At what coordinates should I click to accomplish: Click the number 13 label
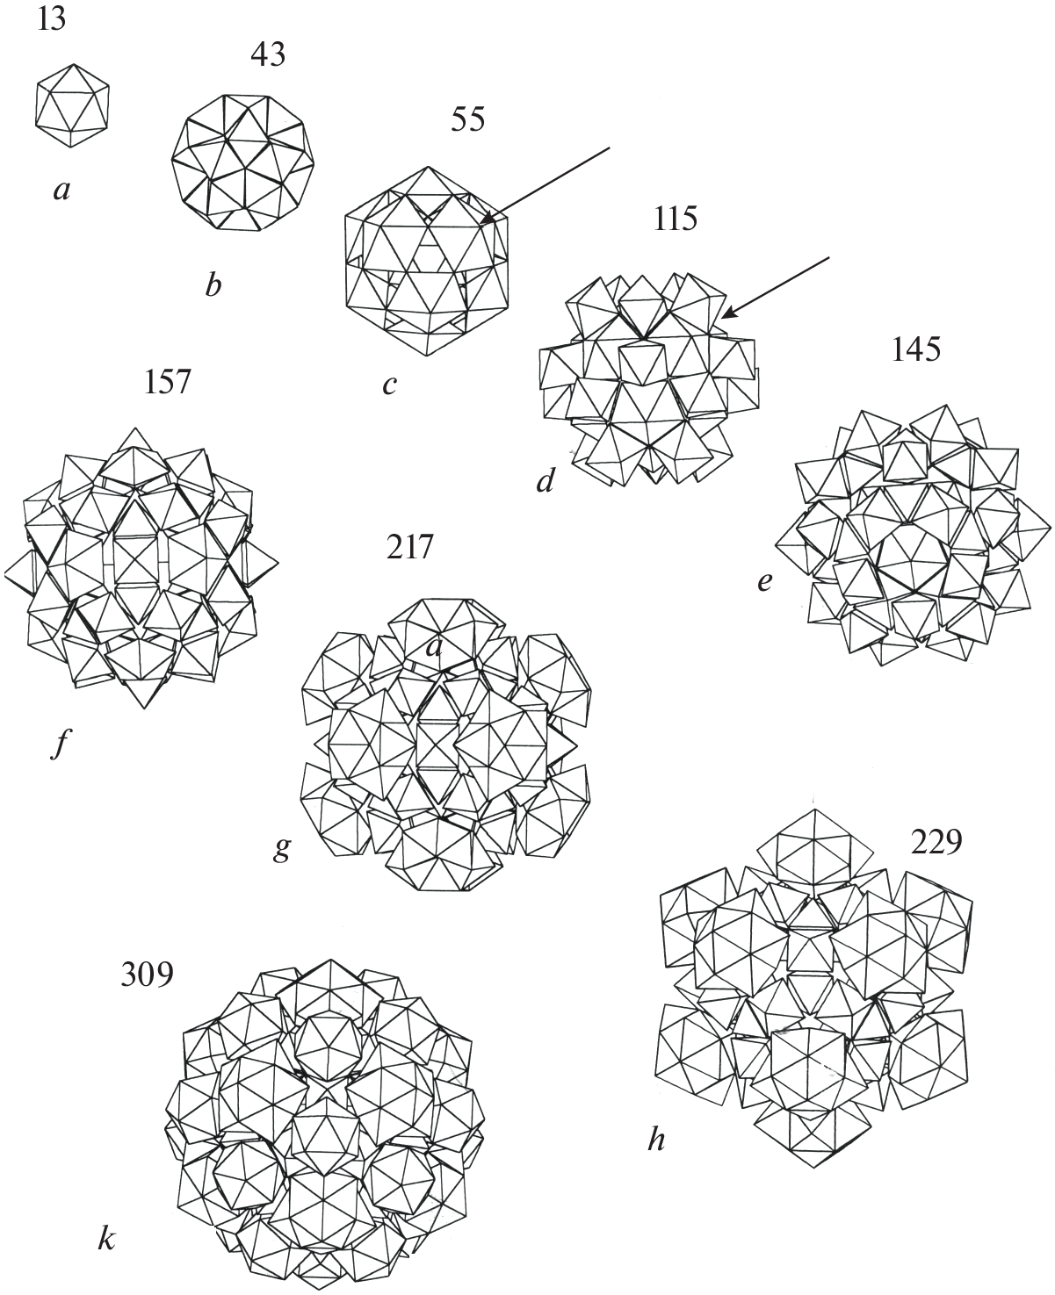[x=51, y=19]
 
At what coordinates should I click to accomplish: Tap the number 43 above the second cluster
[x=268, y=54]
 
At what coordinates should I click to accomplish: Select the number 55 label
[x=467, y=119]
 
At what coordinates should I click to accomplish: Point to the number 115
[x=675, y=219]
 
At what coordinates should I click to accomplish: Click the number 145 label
[x=915, y=349]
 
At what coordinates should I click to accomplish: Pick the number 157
[x=167, y=383]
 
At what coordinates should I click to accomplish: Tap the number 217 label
[x=410, y=547]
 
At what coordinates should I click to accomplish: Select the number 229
[x=936, y=842]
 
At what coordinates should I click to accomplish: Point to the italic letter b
[x=213, y=284]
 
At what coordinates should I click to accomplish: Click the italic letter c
[x=390, y=385]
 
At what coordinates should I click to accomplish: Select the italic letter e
[x=764, y=582]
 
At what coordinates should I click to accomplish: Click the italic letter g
[x=281, y=849]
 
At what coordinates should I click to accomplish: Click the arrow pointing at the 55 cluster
[x=545, y=185]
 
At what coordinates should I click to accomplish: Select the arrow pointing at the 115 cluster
[x=776, y=288]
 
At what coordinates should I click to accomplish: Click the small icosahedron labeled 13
[x=72, y=105]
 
